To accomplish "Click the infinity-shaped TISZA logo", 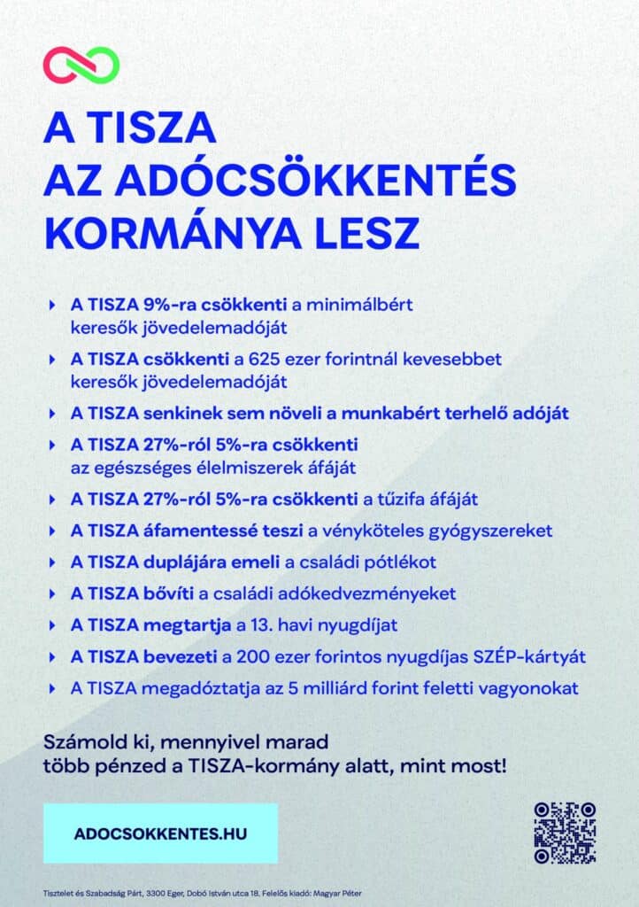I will (x=81, y=66).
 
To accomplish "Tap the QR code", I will (x=565, y=833).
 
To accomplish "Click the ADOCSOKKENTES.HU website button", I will (x=159, y=833).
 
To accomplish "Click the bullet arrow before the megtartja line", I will (x=52, y=625).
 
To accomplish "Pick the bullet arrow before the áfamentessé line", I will (x=52, y=531).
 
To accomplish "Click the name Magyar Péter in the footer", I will (x=339, y=893).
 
